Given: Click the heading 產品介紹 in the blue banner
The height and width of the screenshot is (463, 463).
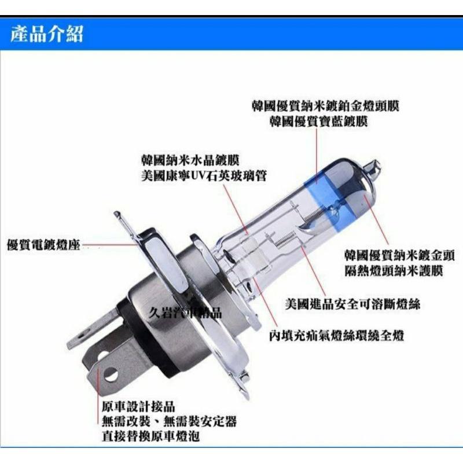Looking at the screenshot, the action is [x=47, y=34].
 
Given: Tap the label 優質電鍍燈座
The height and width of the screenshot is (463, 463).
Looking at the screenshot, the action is [x=43, y=245].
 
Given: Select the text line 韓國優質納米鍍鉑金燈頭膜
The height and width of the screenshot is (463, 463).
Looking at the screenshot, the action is [x=325, y=106].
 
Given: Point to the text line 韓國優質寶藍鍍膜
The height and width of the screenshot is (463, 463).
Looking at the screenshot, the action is [x=318, y=122].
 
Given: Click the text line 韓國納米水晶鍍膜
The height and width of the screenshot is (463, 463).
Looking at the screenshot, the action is [x=190, y=160].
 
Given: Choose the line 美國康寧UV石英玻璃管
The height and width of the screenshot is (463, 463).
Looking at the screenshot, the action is [x=204, y=176].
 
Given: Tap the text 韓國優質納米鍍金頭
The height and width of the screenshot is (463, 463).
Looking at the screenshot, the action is [x=399, y=255].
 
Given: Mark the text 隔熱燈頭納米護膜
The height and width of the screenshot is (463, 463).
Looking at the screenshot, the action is [x=394, y=271].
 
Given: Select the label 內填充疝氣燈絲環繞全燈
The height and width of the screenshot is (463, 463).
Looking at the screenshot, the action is [x=336, y=336].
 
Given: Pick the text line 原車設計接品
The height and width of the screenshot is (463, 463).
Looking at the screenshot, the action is [x=138, y=407].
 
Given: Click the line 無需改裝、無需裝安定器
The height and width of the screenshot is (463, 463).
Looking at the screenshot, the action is [x=169, y=421].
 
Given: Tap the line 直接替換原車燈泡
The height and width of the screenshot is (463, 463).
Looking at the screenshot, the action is [x=150, y=436].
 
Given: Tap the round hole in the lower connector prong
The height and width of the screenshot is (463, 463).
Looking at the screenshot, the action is [x=112, y=374].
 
